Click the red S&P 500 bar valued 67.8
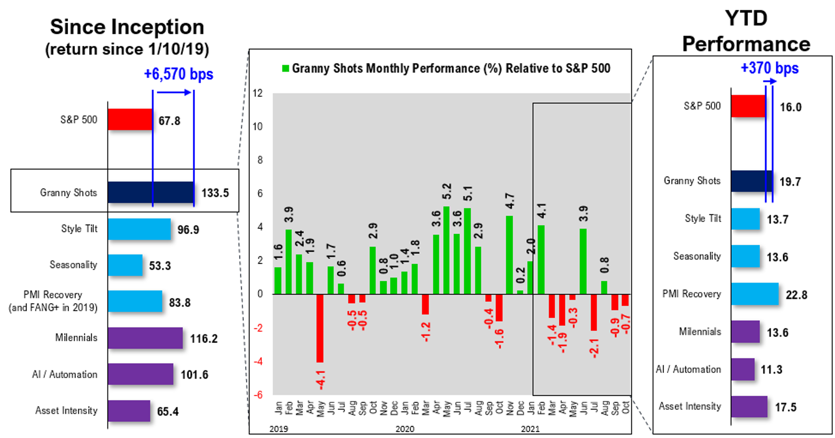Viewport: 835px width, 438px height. click(x=130, y=119)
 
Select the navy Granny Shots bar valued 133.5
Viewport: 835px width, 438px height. click(x=151, y=192)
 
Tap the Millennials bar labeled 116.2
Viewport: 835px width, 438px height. click(x=145, y=338)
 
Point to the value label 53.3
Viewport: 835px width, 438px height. click(x=160, y=266)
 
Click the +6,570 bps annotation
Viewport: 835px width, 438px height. click(x=178, y=74)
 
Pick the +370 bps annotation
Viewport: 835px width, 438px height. click(x=769, y=68)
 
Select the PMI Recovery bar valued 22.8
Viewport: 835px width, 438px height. click(x=754, y=294)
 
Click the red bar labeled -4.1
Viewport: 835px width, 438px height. click(x=320, y=328)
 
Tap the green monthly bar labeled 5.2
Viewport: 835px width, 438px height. click(x=446, y=250)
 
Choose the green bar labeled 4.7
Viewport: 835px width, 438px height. click(x=509, y=255)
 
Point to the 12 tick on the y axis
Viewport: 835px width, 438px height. click(x=257, y=93)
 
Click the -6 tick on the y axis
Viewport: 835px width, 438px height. click(x=257, y=395)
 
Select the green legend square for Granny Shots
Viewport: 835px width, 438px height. click(x=285, y=69)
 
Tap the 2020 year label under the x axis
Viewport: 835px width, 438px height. click(x=405, y=429)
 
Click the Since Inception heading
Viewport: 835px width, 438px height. click(x=127, y=27)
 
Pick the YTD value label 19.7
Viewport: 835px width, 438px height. click(x=790, y=182)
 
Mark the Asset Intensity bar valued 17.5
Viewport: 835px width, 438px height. click(x=749, y=406)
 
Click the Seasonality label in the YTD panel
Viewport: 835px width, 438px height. click(x=697, y=256)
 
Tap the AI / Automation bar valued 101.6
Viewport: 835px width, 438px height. click(x=140, y=374)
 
